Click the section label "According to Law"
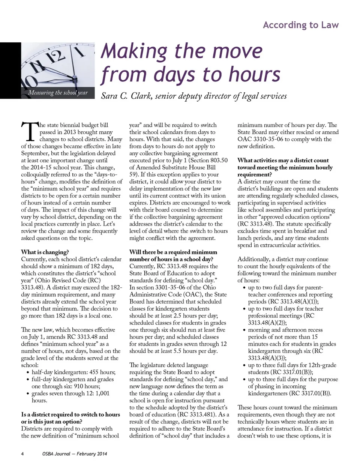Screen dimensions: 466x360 pos(301,25)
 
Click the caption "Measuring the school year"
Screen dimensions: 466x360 pos(58,92)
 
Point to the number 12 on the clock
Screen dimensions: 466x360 pos(56,57)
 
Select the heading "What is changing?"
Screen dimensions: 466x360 pos(45,252)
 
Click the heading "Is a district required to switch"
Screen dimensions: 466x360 pos(70,415)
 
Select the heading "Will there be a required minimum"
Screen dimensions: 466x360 pos(173,252)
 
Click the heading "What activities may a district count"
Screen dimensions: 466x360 pos(283,160)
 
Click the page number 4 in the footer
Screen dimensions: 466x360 pos(22,454)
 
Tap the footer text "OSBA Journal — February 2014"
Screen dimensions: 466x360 pos(75,454)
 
